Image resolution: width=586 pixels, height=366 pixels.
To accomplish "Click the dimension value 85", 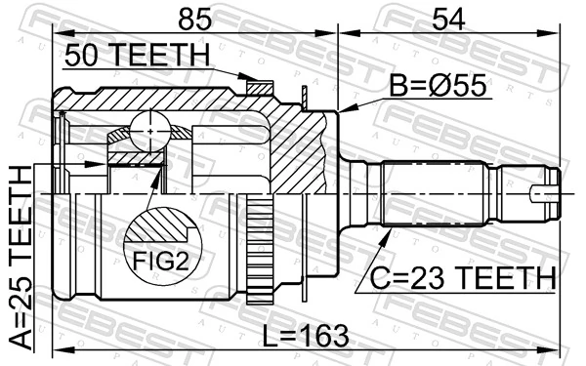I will [x=191, y=18].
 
